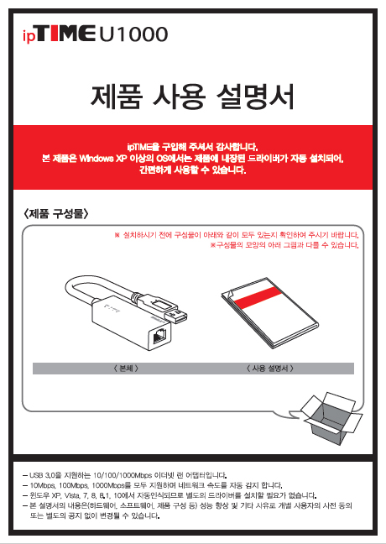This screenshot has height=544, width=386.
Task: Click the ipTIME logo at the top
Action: click(x=59, y=34)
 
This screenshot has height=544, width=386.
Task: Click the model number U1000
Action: click(x=134, y=34)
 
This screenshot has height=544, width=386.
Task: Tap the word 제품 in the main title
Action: click(x=116, y=97)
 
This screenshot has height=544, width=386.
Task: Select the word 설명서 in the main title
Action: click(x=255, y=97)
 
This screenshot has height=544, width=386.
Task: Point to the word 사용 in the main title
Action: click(x=179, y=97)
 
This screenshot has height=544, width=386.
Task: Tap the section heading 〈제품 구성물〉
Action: click(x=55, y=214)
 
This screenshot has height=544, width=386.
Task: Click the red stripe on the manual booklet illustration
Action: click(x=258, y=298)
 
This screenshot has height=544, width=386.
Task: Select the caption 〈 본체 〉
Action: click(x=126, y=369)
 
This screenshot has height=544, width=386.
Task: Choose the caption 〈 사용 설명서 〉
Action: click(x=270, y=369)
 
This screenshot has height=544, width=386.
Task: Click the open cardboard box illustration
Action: click(x=331, y=418)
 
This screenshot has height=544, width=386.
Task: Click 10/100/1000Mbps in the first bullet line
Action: click(x=123, y=475)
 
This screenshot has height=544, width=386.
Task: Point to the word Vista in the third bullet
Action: click(x=72, y=495)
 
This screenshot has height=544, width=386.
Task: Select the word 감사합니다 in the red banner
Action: click(x=232, y=146)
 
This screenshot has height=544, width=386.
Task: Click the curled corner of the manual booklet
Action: click(x=228, y=293)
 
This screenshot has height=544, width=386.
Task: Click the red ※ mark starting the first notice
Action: click(x=117, y=236)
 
